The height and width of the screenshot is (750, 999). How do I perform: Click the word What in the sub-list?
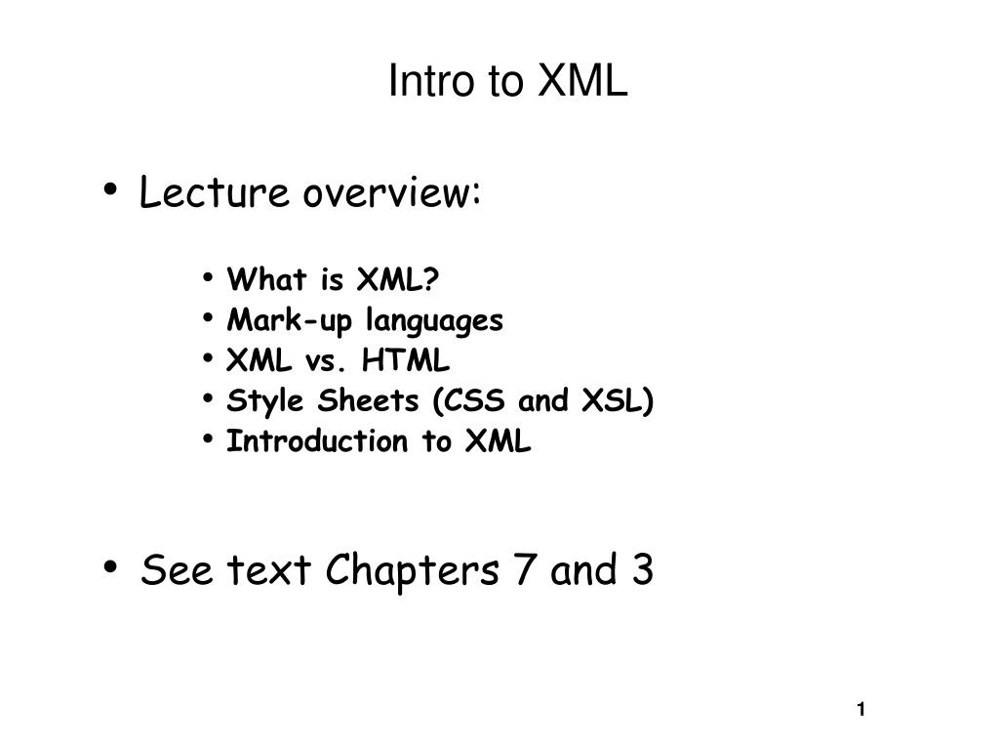pos(267,279)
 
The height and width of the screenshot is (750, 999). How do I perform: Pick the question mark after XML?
pos(430,279)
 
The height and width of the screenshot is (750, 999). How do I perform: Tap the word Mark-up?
pos(290,320)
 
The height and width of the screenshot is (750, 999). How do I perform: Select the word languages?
pos(434,320)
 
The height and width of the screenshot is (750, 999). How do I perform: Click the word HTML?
pos(406,360)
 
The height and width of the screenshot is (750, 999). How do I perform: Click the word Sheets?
pos(368,400)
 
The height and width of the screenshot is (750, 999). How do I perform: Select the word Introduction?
pos(317,441)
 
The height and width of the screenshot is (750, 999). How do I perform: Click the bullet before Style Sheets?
pos(208,399)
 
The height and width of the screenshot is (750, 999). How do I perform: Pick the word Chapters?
pos(413,569)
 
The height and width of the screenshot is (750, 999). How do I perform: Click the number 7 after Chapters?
pos(524,569)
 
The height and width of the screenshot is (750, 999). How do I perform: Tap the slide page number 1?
pos(861,709)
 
